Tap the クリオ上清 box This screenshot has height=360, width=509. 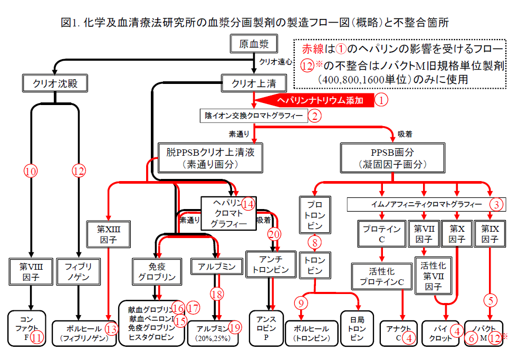(254, 82)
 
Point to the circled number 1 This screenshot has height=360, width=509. (381, 99)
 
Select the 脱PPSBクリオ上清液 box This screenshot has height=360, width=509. (210, 158)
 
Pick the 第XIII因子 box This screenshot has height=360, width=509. (108, 234)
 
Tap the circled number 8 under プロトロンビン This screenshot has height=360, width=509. (314, 243)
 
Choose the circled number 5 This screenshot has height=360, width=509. (491, 301)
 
